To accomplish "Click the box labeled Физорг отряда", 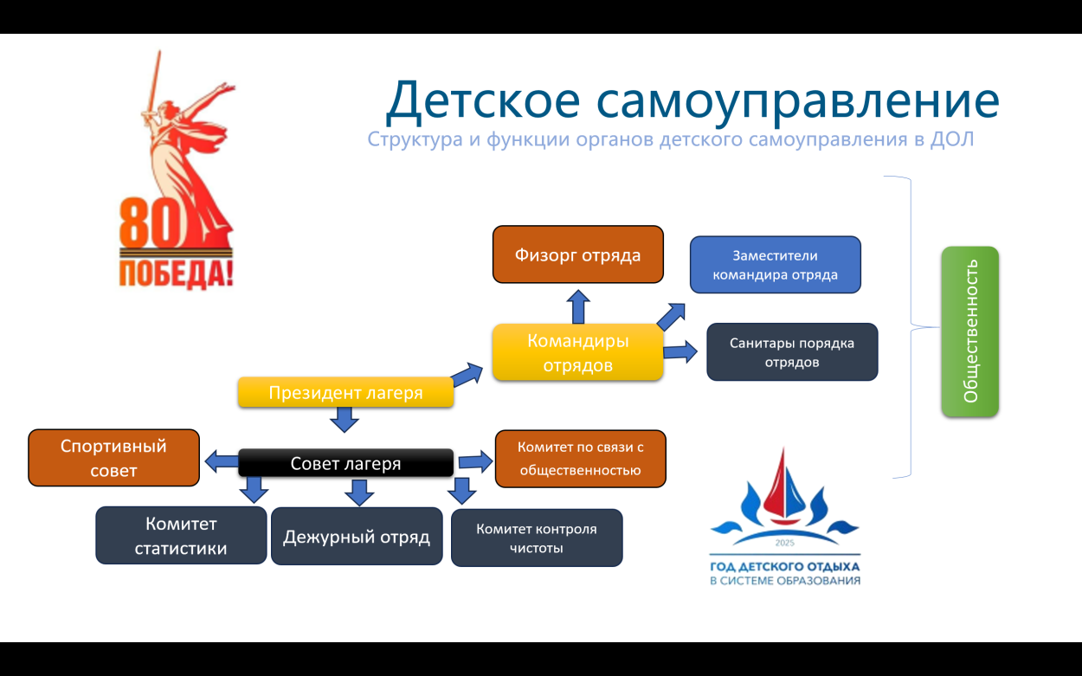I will pos(577,254).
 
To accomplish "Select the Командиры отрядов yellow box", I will pos(577,352).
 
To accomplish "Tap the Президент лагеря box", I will pos(345,393).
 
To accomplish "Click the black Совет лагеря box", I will pos(345,463).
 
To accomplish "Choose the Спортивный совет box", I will pos(113,458).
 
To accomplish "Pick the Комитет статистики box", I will pos(181,536).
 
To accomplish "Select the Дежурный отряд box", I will pos(357,537).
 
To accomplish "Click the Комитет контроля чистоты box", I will pos(537,538).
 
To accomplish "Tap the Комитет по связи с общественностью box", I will pos(580,459).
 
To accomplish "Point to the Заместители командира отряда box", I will pos(775,265).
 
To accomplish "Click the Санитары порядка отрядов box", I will pos(792,352).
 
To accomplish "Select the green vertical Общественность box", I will pos(969,332).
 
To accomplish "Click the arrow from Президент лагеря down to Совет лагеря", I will pos(345,420).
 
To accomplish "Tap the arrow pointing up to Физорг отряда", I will pos(578,306).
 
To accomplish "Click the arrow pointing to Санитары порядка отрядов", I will pos(681,351).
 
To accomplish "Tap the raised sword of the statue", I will pos(156,82).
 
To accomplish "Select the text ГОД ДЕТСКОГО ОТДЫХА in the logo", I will pos(784,566).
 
